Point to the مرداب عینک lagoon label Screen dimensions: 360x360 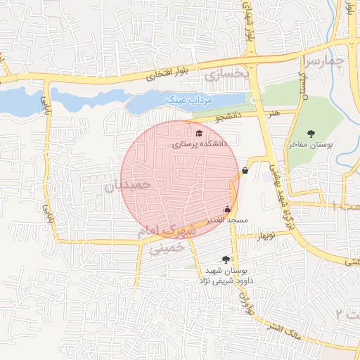coord(183,101)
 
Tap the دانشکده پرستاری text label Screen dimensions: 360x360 coord(200,143)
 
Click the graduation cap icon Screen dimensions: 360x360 coord(200,132)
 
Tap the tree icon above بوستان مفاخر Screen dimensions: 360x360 coord(311,133)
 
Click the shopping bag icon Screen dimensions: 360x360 coord(245,170)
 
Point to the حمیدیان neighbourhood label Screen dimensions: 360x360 coord(128,186)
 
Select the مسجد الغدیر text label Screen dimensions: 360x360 coord(224,220)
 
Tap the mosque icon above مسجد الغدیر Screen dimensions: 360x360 coord(226,209)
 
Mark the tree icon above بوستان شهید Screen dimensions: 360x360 coord(226,259)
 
